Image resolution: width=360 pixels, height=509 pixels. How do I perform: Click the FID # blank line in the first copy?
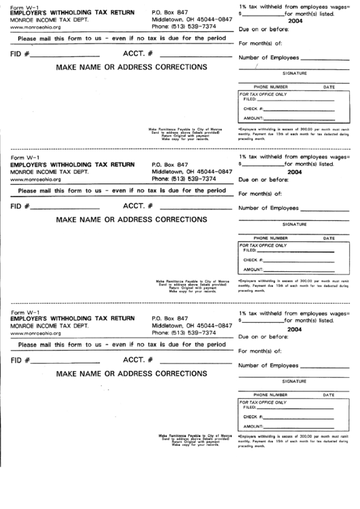pos(65,54)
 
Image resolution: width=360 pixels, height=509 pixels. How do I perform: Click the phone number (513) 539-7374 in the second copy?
pos(184,180)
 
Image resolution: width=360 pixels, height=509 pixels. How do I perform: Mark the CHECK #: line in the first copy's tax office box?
pos(299,109)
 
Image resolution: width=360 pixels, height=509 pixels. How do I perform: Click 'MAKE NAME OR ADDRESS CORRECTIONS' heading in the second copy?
pos(126,220)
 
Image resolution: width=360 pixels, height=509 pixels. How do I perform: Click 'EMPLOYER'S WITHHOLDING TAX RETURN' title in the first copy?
pos(72,13)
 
